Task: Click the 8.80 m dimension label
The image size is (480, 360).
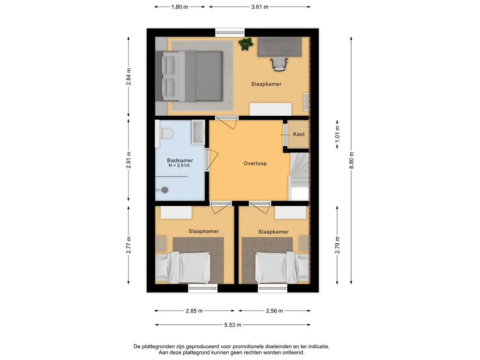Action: (x=352, y=160)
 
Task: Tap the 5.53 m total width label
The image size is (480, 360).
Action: (x=232, y=325)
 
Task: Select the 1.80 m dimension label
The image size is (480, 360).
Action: (x=180, y=7)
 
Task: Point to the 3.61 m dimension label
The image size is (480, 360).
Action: (x=260, y=7)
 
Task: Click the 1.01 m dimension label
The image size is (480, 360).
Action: (x=337, y=134)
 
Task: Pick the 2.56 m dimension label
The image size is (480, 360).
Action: (x=274, y=311)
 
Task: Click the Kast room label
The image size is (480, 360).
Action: (x=299, y=134)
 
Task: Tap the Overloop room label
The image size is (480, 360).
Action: (x=255, y=164)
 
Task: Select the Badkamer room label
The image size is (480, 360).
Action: (x=180, y=160)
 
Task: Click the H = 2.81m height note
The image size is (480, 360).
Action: (x=179, y=165)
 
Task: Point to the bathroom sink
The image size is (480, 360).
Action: (x=198, y=132)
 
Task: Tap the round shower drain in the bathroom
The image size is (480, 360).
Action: (x=165, y=190)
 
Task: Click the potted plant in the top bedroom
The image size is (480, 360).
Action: (x=246, y=44)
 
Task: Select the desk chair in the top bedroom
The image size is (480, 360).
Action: (x=279, y=64)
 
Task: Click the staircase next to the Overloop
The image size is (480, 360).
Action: (x=299, y=177)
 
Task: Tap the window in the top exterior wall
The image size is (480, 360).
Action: (x=230, y=32)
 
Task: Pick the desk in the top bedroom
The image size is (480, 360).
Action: (x=279, y=47)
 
